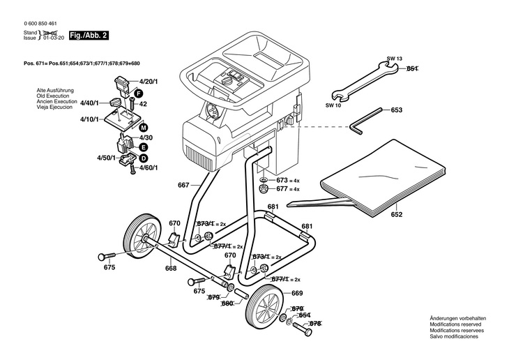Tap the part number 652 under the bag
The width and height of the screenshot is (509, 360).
[x=397, y=214]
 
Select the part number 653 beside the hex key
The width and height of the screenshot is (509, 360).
[x=396, y=110]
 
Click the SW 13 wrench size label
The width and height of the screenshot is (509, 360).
[x=395, y=60]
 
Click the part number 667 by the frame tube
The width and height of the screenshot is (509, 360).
[x=183, y=185]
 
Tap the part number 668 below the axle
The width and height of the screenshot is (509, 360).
[x=170, y=269]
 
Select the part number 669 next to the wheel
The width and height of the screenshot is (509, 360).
[x=297, y=292]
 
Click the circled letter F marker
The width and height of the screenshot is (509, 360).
[x=139, y=93]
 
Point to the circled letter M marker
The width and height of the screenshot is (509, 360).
[x=143, y=128]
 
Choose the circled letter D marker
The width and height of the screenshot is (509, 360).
[x=143, y=158]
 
